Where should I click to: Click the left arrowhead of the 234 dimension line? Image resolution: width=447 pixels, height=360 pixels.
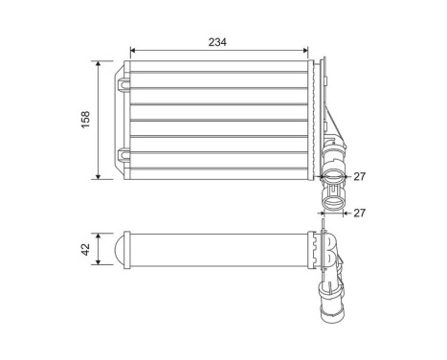131,51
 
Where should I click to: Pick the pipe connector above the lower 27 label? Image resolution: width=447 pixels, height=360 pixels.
332,198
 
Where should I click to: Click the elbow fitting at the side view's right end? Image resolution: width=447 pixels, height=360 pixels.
328,250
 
